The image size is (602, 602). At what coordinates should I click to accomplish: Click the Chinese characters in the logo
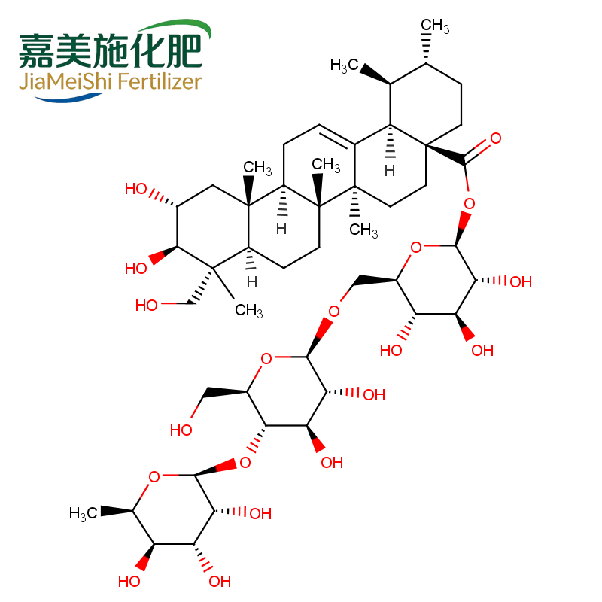coord(111,50)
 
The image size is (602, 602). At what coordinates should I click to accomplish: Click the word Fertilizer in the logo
coord(160,81)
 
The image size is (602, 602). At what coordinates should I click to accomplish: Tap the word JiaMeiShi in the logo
coord(65,81)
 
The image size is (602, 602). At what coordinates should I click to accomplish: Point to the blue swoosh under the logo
coord(68,99)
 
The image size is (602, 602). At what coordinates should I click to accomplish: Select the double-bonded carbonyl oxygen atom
coord(496,138)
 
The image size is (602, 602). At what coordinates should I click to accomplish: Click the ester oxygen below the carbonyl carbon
coord(469,203)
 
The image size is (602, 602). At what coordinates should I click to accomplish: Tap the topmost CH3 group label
coord(435,26)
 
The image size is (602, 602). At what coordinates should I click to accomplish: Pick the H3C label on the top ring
coord(345,65)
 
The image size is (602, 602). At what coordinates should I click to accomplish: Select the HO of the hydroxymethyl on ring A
coord(146,306)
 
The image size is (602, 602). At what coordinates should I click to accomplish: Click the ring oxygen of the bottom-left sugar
coord(154,477)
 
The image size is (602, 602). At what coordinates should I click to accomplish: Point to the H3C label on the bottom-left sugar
coord(84,513)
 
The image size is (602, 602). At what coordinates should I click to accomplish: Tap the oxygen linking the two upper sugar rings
coord(333,312)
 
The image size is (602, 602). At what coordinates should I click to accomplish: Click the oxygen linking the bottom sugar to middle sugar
coord(245,463)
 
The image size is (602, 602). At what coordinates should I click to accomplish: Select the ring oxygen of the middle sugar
coord(266,359)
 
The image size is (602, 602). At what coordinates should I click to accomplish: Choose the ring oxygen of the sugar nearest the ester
coord(416,248)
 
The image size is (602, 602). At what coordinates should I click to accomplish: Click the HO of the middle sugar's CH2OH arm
coord(181,430)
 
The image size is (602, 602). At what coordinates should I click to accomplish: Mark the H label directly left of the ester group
coord(390,171)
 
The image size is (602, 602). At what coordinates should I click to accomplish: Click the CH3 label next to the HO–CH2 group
coord(249,310)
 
